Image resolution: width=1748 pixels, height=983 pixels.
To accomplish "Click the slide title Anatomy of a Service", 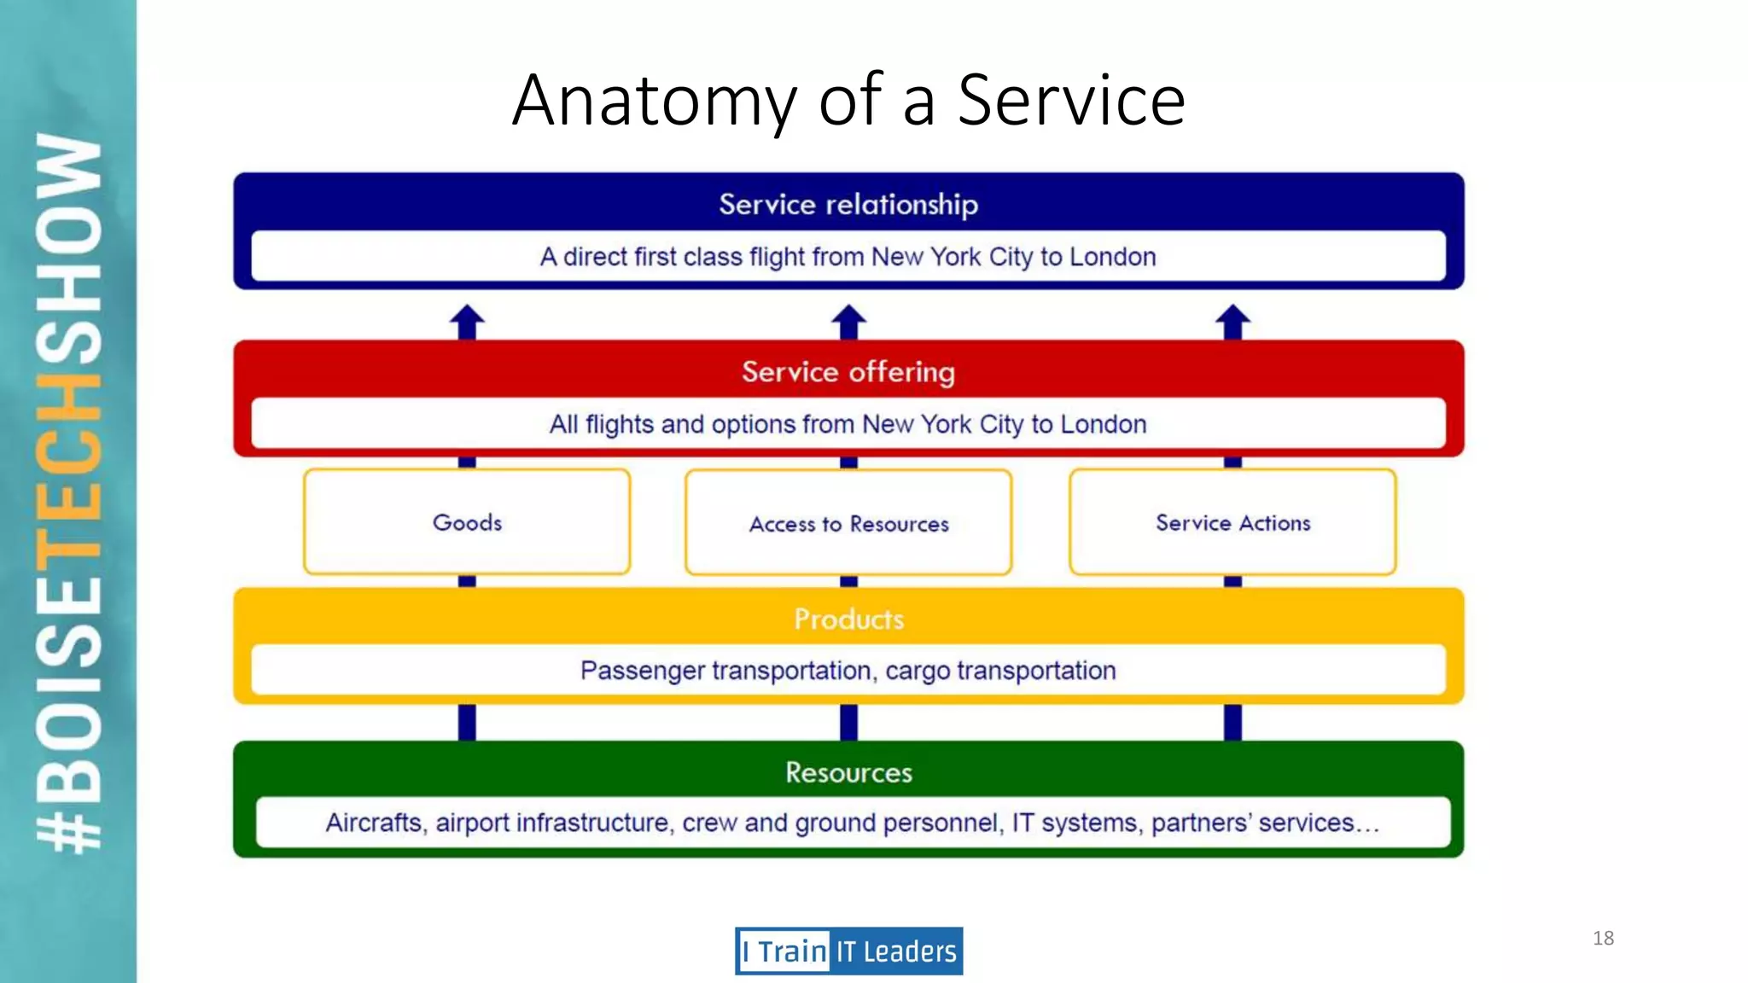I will click(x=848, y=100).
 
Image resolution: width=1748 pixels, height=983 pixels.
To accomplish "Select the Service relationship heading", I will click(x=848, y=204).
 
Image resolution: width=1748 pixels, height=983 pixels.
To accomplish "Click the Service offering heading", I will click(x=848, y=372).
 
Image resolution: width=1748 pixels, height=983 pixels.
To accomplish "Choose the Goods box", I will click(x=467, y=522).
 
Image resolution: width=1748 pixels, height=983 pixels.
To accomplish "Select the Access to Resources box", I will click(x=848, y=523).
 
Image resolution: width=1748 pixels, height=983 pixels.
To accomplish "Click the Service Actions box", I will click(x=1232, y=522).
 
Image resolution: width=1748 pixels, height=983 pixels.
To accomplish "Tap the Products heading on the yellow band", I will click(x=848, y=619).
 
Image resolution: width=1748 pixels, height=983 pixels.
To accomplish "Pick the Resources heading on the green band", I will click(x=848, y=772).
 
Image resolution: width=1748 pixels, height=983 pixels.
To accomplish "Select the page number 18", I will click(x=1603, y=938).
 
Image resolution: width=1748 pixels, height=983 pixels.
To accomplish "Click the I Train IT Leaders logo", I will click(x=848, y=951).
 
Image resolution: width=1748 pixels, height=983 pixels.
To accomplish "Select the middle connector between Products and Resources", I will click(x=848, y=722).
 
